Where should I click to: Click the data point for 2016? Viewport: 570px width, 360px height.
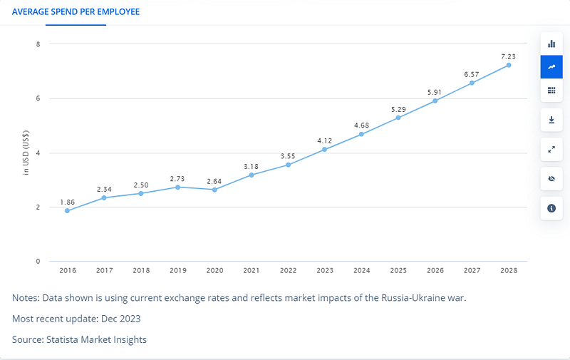click(x=67, y=210)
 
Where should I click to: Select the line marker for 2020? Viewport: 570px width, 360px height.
click(x=214, y=190)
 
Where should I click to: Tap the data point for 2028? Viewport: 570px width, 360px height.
click(x=509, y=65)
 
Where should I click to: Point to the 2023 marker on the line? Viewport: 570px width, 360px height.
click(x=325, y=149)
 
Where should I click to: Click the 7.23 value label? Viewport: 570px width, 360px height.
click(x=509, y=56)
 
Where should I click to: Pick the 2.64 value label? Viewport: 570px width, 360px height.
click(x=214, y=180)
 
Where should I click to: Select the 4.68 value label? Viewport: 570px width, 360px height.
click(x=361, y=125)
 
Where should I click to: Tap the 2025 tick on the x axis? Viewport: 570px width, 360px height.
click(x=398, y=272)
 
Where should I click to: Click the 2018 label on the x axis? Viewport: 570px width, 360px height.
click(x=141, y=272)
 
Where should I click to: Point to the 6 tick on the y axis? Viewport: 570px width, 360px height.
click(x=38, y=98)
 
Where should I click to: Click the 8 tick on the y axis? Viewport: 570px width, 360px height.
click(x=38, y=44)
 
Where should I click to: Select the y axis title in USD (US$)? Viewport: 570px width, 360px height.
click(x=26, y=153)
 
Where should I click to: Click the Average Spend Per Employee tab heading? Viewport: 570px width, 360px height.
click(x=76, y=12)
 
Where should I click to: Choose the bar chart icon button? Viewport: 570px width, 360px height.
click(x=551, y=43)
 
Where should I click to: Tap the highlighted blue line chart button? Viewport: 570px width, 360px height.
click(x=551, y=67)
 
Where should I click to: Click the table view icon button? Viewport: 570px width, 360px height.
click(x=551, y=91)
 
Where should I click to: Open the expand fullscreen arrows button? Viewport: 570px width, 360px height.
click(x=551, y=149)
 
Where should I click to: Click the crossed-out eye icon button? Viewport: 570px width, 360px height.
click(x=551, y=178)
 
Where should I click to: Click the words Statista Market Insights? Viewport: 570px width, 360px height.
click(x=97, y=339)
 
